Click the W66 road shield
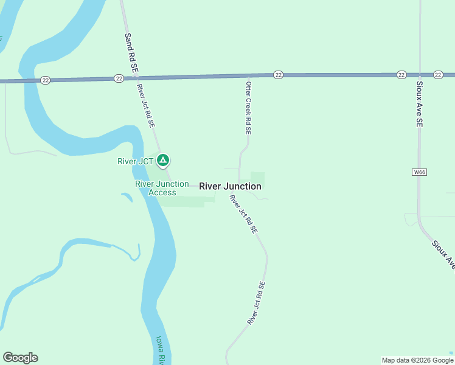pyautogui.click(x=420, y=172)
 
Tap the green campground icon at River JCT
pyautogui.click(x=163, y=161)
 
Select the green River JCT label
pyautogui.click(x=136, y=161)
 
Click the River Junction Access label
pyautogui.click(x=155, y=188)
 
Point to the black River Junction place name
pyautogui.click(x=231, y=186)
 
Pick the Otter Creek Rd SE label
pyautogui.click(x=248, y=108)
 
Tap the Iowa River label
pyautogui.click(x=160, y=351)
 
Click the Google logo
pyautogui.click(x=20, y=358)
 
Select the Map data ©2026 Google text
pyautogui.click(x=417, y=360)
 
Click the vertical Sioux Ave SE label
pyautogui.click(x=419, y=103)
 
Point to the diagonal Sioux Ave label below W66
pyautogui.click(x=443, y=254)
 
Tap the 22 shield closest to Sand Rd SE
pyautogui.click(x=119, y=78)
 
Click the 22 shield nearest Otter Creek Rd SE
pyautogui.click(x=278, y=75)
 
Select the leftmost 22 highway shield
pyautogui.click(x=46, y=80)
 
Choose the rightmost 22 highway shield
pyautogui.click(x=438, y=75)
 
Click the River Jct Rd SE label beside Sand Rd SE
pyautogui.click(x=146, y=106)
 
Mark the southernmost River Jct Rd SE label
pyautogui.click(x=256, y=302)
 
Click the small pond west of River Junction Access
pyautogui.click(x=127, y=197)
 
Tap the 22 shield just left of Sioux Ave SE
pyautogui.click(x=401, y=75)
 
